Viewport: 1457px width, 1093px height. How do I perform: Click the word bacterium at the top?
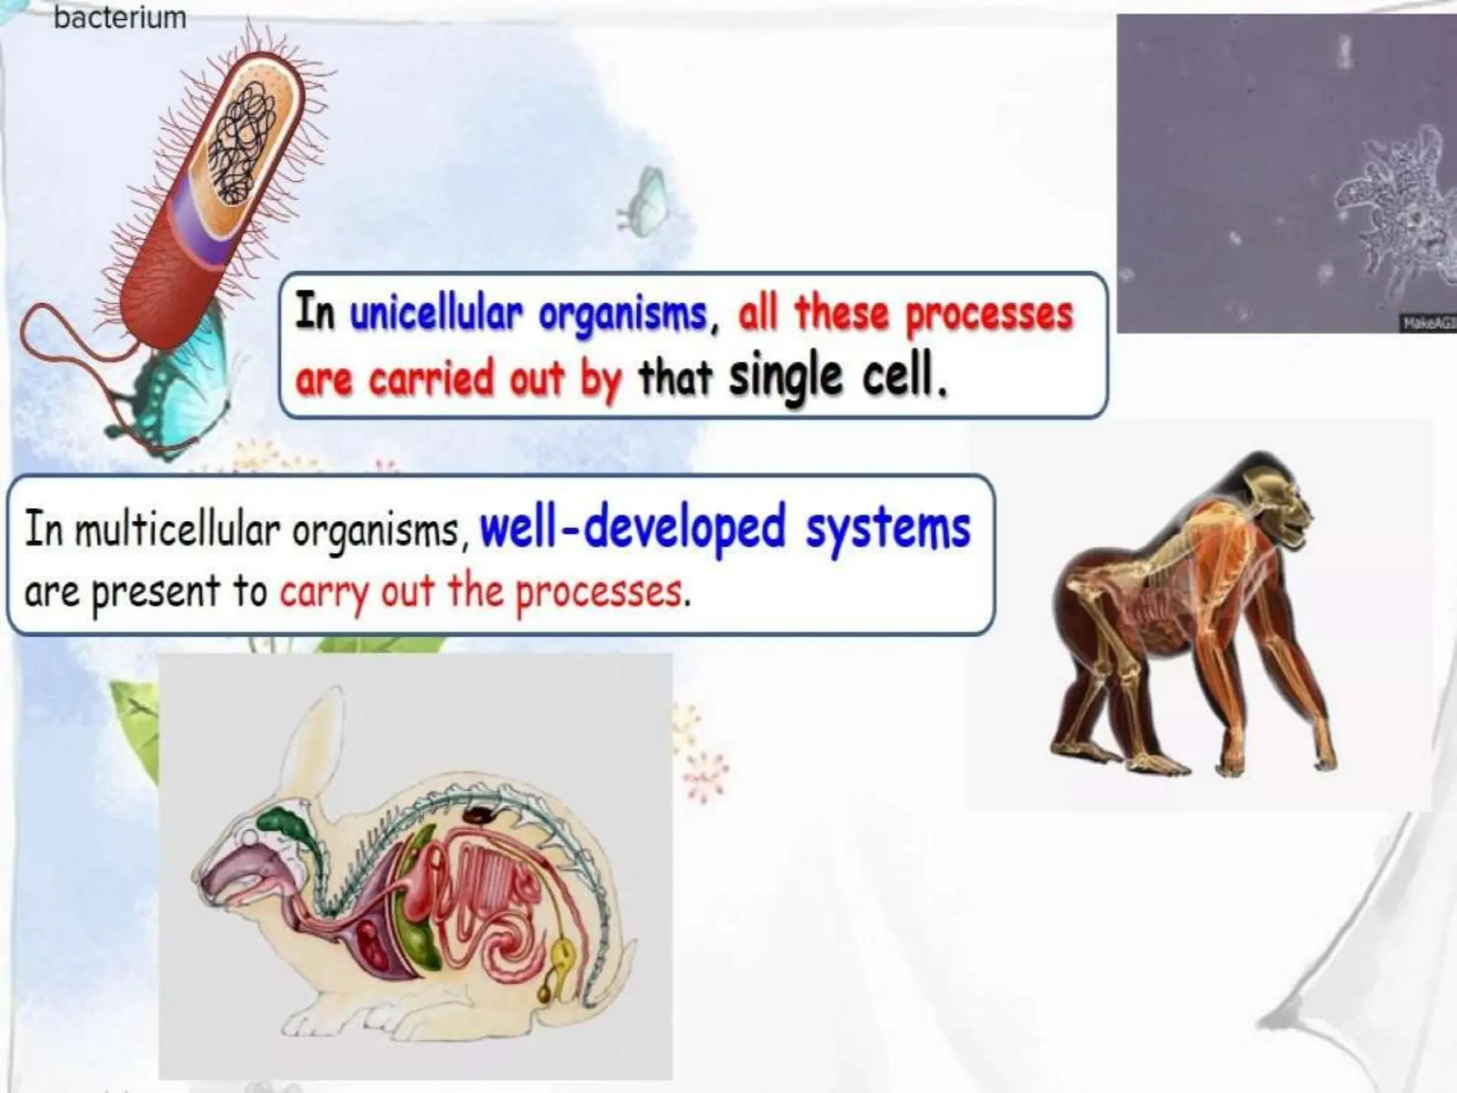[x=120, y=17]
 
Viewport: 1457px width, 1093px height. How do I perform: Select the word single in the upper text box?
[x=785, y=378]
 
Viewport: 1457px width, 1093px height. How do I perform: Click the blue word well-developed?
[x=632, y=528]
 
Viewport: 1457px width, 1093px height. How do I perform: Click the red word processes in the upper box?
[x=989, y=315]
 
